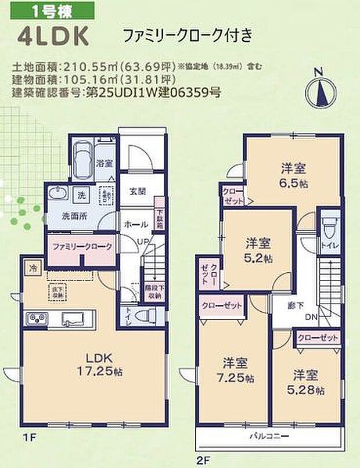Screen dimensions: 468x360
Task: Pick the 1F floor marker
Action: pyautogui.click(x=27, y=437)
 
